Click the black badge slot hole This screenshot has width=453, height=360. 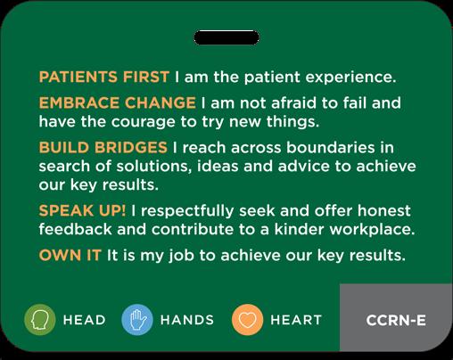226,37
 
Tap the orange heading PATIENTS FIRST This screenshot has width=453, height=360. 104,77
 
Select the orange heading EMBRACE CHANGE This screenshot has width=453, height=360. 118,102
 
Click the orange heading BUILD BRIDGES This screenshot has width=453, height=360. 103,147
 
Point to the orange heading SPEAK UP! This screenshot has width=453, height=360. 82,210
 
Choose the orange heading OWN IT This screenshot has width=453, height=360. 70,255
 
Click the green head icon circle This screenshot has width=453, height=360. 40,320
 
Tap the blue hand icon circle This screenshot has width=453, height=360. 137,320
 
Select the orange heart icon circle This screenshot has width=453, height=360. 247,320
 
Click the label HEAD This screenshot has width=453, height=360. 85,320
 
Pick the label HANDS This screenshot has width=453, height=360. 187,320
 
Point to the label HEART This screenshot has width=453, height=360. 296,320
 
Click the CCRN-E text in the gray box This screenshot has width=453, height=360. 396,320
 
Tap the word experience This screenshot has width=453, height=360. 350,78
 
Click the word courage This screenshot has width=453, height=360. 143,123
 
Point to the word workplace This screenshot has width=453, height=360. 372,230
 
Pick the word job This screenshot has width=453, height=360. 181,256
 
